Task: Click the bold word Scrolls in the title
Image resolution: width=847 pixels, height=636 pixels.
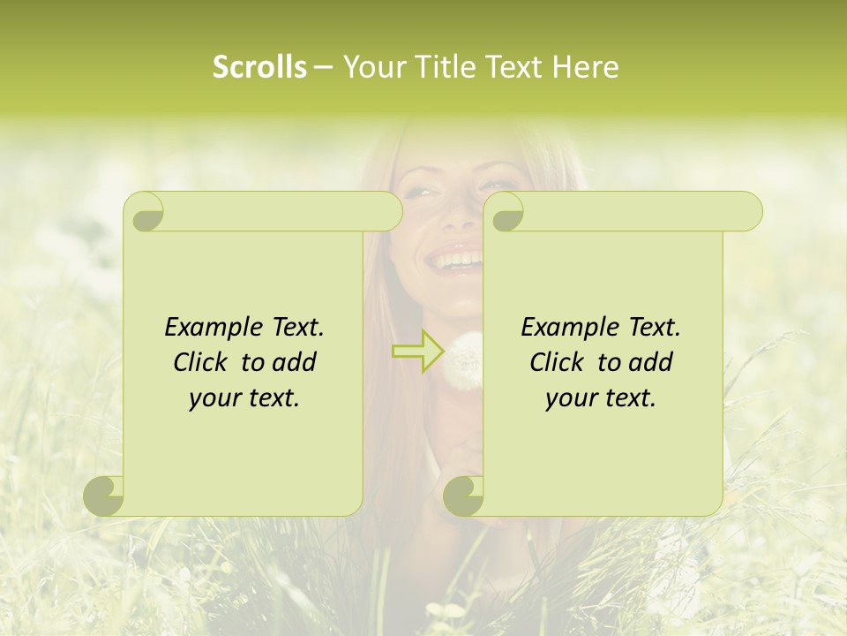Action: (259, 67)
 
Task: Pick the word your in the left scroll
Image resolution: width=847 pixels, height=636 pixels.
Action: (213, 398)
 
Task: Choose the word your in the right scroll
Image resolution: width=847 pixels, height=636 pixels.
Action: (569, 398)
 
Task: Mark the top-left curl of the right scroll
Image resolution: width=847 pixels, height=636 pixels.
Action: (506, 213)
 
